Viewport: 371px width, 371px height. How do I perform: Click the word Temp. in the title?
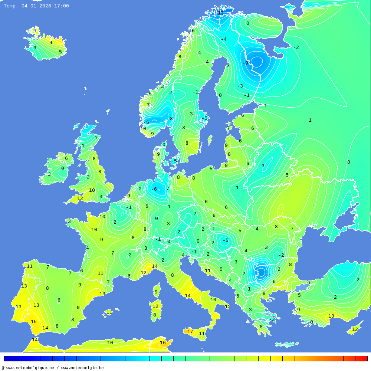[11, 6]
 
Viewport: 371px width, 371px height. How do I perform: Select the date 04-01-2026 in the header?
[36, 6]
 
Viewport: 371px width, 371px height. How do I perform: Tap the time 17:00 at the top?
[61, 6]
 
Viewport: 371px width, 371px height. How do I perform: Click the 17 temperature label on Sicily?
[190, 332]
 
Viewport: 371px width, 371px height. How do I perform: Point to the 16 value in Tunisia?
[162, 343]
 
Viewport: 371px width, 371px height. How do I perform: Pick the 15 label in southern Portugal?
[33, 322]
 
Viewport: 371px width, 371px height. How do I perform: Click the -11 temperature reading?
[267, 276]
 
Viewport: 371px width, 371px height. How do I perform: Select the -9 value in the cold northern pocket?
[245, 63]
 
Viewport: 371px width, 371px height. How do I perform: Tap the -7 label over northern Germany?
[166, 189]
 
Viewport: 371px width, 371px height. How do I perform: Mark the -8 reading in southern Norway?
[170, 119]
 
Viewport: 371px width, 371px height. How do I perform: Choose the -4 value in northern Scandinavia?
[223, 39]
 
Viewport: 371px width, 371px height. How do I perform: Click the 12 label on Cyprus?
[355, 329]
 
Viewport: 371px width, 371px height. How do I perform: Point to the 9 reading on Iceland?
[51, 43]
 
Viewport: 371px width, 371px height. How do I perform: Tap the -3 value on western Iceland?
[33, 48]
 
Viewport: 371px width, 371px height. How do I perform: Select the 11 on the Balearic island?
[109, 312]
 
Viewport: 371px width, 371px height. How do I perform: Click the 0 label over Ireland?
[62, 168]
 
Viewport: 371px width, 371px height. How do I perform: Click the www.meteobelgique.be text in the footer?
[30, 368]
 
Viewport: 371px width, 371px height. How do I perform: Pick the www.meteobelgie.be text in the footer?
[82, 368]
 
